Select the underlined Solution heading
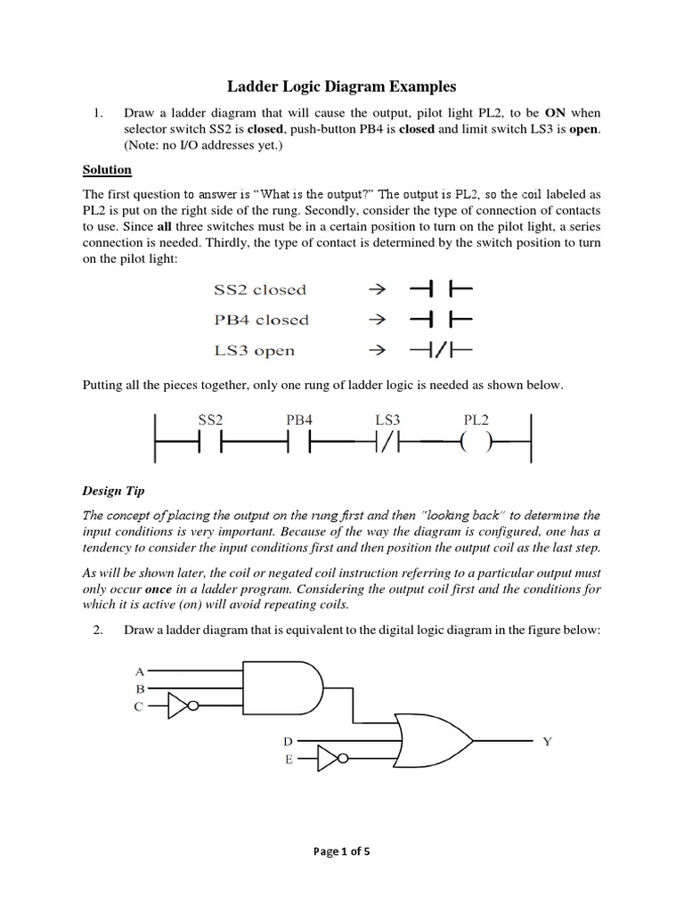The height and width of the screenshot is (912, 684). point(107,169)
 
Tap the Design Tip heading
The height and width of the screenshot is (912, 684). point(114,490)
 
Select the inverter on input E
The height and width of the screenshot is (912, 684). point(328,760)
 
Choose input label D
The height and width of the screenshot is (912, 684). point(287,741)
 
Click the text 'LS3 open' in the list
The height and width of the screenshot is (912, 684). point(254,350)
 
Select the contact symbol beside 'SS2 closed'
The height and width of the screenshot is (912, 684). point(440,289)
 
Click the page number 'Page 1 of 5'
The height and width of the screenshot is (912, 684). point(341,851)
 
